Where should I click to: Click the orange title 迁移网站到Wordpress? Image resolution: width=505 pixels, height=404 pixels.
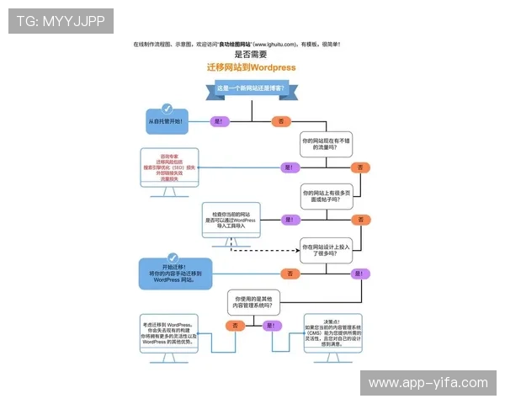point(252,66)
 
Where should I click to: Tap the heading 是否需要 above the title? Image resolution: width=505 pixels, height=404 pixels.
point(252,54)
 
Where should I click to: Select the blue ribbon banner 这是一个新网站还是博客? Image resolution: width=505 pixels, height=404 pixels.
point(250,88)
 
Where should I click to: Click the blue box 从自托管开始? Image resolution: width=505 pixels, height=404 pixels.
point(167,122)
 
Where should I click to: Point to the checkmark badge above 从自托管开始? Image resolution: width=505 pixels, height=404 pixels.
point(167,109)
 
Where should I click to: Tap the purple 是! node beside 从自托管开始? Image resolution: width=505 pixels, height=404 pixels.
point(218,122)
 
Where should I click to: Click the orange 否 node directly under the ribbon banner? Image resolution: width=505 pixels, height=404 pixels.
point(279,122)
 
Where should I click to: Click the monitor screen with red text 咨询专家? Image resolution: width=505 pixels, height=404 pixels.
point(168,167)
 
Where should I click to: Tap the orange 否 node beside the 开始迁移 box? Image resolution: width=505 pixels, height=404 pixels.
point(290,274)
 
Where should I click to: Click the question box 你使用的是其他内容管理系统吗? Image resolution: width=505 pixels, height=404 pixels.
point(253,302)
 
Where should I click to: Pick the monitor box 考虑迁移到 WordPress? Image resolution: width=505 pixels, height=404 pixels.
point(168,333)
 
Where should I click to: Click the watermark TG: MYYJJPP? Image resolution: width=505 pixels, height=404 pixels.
point(61,21)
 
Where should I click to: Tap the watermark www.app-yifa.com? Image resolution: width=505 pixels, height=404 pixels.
point(428,383)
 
